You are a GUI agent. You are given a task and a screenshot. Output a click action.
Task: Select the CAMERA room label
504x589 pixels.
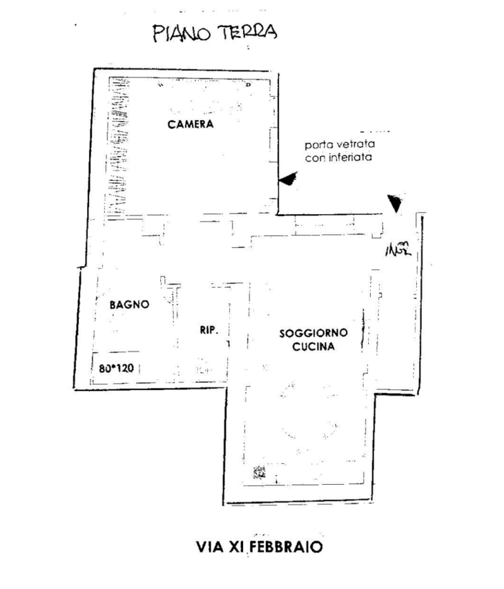tap(191, 125)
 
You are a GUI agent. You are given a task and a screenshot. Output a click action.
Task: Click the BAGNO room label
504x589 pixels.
tap(129, 304)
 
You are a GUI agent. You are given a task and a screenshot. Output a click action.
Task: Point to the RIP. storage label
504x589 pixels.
tap(209, 330)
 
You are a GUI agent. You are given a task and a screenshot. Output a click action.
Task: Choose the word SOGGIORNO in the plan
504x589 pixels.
tap(313, 333)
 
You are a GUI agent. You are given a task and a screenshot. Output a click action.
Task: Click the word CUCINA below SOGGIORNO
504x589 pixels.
tap(313, 347)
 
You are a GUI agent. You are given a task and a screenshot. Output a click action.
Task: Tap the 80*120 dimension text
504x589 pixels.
tap(115, 368)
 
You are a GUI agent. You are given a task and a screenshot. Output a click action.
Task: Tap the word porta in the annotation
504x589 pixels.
tap(318, 146)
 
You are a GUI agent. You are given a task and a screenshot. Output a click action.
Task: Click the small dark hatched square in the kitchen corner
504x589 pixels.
tap(260, 472)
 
